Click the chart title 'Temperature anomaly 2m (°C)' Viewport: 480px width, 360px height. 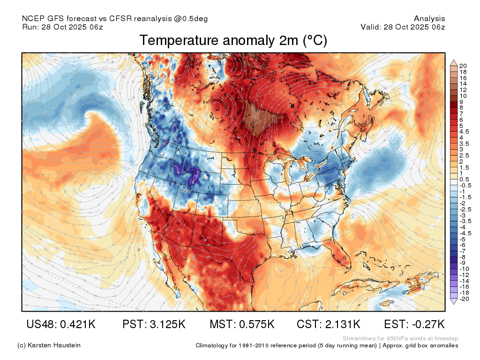tap(233, 40)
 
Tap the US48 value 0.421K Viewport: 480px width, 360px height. tap(78, 324)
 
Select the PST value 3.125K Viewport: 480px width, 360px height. tap(167, 324)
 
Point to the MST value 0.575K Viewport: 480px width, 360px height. tap(257, 324)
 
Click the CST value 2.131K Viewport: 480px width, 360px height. tap(343, 324)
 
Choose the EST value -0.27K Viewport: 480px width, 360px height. tap(428, 324)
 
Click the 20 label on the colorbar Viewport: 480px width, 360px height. tap(463, 66)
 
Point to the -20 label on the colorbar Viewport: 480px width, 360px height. tap(464, 299)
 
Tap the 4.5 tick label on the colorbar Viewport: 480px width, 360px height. tap(464, 132)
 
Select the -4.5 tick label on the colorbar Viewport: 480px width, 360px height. tap(465, 233)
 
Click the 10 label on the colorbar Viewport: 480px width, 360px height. tap(463, 96)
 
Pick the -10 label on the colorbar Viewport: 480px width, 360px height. tap(464, 269)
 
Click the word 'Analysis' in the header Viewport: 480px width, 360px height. tap(429, 19)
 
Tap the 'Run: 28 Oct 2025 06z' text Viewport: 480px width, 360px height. tap(62, 27)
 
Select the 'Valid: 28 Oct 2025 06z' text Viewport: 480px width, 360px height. tap(403, 27)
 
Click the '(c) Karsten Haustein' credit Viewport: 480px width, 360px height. tap(49, 345)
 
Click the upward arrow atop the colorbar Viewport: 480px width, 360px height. tap(454, 63)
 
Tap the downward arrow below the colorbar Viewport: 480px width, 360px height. tap(454, 302)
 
